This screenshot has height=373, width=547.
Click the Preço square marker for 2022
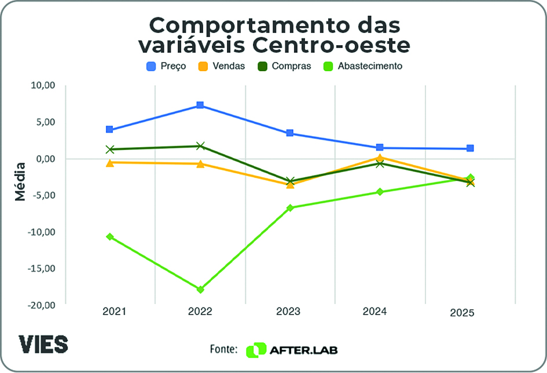pos(200,105)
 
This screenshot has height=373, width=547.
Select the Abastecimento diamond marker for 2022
pos(200,290)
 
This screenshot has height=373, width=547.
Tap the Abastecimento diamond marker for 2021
pos(109,237)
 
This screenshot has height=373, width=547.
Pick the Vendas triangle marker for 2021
pos(109,163)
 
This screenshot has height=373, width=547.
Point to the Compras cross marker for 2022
pos(200,146)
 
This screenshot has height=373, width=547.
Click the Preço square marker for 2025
pos(470,149)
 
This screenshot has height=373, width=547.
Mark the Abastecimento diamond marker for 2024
pos(380,192)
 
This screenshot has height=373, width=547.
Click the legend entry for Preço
pos(166,66)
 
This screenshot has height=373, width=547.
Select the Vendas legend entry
pos(222,66)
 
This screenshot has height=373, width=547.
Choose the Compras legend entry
pos(284,66)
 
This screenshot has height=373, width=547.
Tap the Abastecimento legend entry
pos(362,66)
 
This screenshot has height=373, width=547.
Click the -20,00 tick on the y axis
pos(41,305)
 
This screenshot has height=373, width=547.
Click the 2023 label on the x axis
pos(288,312)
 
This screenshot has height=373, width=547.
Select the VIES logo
pos(43,344)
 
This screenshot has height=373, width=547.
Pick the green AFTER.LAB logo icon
pos(255,350)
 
